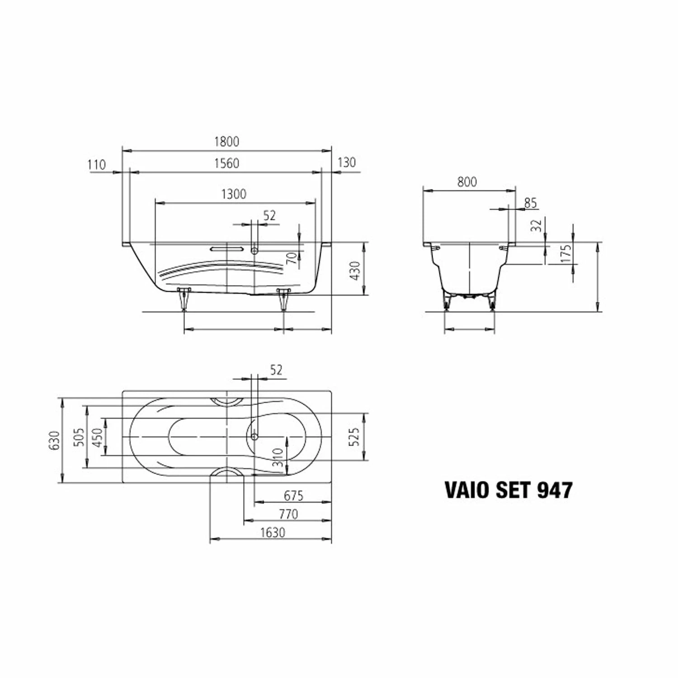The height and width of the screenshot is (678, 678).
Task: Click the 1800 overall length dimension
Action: (226, 141)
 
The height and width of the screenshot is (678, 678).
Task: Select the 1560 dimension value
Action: (226, 163)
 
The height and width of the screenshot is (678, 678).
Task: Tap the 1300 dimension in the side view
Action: (234, 194)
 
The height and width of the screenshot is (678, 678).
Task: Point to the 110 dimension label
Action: (96, 165)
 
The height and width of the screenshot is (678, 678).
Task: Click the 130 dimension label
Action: (347, 163)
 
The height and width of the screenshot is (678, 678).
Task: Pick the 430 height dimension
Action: (356, 270)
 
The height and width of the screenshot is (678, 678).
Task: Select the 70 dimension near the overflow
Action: (292, 258)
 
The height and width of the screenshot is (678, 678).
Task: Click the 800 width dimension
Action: (467, 182)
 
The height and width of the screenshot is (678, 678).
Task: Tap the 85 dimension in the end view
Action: (530, 203)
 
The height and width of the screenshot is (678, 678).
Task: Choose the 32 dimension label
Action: (536, 226)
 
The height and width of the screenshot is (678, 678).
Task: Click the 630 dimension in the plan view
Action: (54, 440)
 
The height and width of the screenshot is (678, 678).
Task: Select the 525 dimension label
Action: (354, 437)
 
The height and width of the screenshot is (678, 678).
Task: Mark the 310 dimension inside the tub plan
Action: (278, 457)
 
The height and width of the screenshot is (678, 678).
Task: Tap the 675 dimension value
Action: (293, 496)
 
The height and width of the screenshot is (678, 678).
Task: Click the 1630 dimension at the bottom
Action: (273, 532)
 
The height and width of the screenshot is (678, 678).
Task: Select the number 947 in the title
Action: (554, 490)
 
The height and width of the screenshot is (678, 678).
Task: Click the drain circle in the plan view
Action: (254, 436)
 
